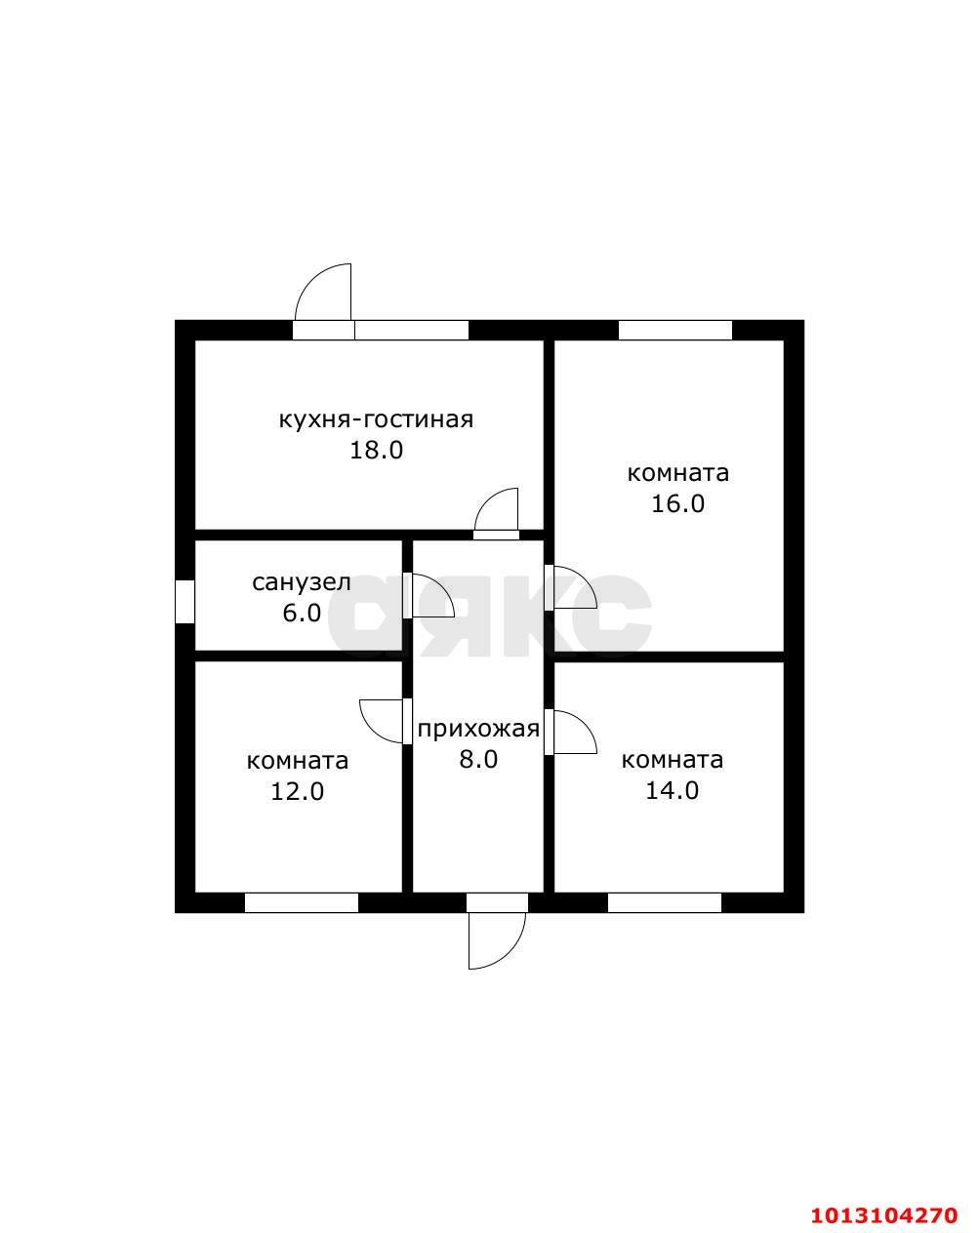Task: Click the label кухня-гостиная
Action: pyautogui.click(x=376, y=420)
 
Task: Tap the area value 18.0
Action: pyautogui.click(x=376, y=451)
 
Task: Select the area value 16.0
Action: pyautogui.click(x=677, y=503)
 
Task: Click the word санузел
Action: pyautogui.click(x=301, y=582)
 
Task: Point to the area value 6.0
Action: pyautogui.click(x=302, y=613)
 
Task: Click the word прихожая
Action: pyautogui.click(x=478, y=730)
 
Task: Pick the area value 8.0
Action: pyautogui.click(x=478, y=760)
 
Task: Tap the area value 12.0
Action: pyautogui.click(x=297, y=792)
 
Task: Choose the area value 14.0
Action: pyautogui.click(x=673, y=791)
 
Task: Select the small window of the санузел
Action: pyautogui.click(x=184, y=601)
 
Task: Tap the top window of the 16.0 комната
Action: pyautogui.click(x=674, y=330)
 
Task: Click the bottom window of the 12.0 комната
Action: pyautogui.click(x=302, y=903)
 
